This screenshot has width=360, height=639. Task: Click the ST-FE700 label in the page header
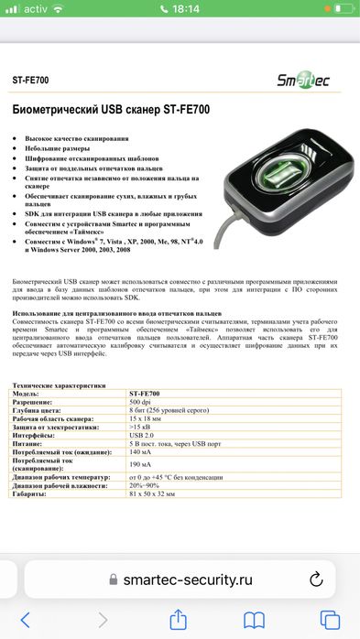(x=30, y=81)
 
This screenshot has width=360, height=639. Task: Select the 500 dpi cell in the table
(x=140, y=402)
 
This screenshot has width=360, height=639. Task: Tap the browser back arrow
(x=26, y=620)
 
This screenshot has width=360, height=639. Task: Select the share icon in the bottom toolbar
(x=180, y=620)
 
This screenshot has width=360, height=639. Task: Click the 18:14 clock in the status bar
(x=180, y=10)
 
